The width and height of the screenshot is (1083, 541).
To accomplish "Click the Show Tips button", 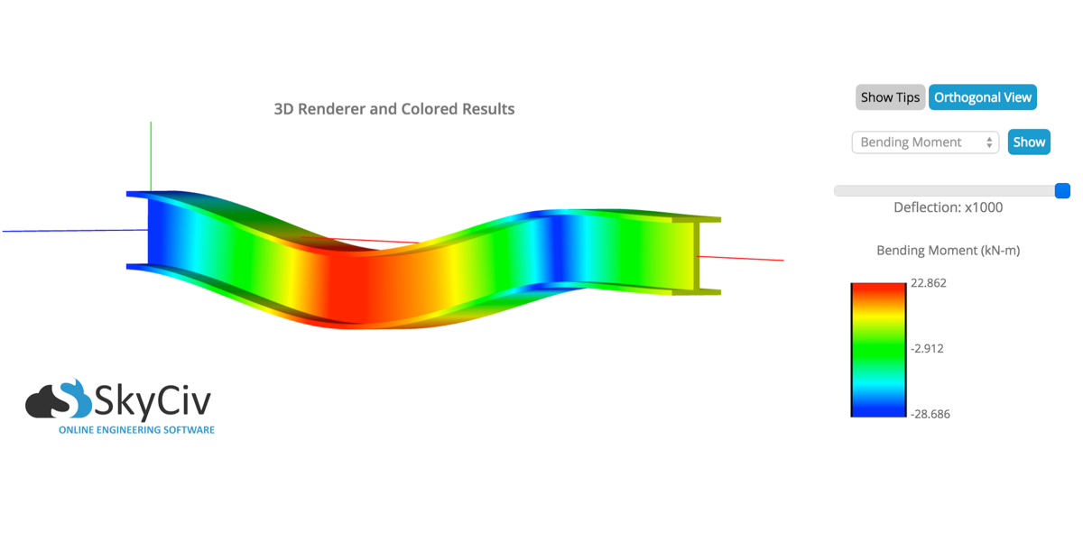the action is point(890,97).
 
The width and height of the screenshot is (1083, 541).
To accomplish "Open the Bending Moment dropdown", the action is point(925,142).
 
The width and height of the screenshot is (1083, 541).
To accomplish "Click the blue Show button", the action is point(1029,142).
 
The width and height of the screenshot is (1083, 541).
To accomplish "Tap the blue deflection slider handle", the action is point(1062,191).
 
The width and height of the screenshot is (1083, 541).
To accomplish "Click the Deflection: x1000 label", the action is point(949,207).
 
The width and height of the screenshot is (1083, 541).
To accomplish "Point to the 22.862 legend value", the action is point(929,283).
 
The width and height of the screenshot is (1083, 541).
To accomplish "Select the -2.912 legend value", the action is point(927,348).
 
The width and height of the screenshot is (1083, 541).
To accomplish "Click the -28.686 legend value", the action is point(930,414).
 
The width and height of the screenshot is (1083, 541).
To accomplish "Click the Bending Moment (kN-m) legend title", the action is point(949,251).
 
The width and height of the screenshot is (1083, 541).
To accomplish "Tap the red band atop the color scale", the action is point(878,291).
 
